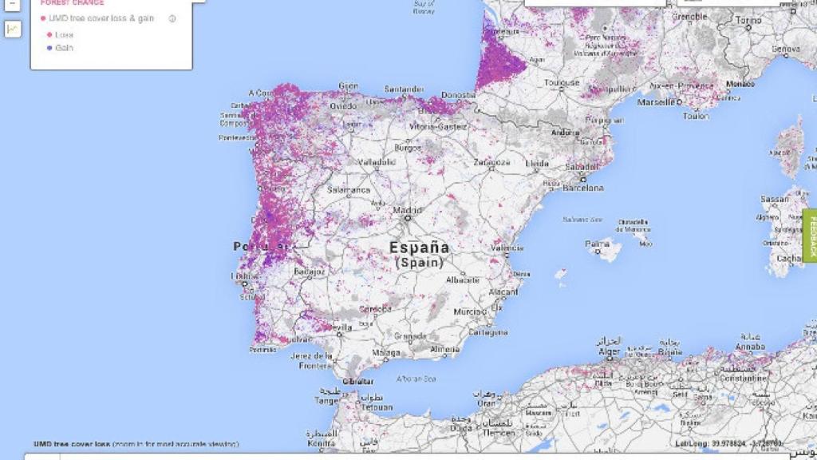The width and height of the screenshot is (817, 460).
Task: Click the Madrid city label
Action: click(x=407, y=211)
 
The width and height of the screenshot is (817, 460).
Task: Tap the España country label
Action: click(x=419, y=248)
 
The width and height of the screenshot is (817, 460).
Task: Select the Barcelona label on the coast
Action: click(x=583, y=188)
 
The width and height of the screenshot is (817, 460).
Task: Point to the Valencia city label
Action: click(x=507, y=248)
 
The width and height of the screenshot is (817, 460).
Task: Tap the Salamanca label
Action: click(x=349, y=190)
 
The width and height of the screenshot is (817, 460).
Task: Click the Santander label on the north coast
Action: click(x=404, y=89)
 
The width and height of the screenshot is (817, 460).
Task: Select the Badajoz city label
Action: click(x=310, y=272)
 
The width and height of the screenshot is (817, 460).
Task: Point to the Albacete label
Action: click(x=463, y=280)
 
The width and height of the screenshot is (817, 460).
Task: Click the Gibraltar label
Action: click(x=358, y=382)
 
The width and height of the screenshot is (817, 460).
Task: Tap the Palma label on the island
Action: click(x=597, y=244)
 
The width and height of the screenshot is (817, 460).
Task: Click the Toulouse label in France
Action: click(x=562, y=82)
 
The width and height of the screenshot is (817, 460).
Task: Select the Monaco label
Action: click(x=740, y=84)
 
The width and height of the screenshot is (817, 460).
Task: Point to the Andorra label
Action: click(x=566, y=133)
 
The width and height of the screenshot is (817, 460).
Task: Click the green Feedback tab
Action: click(x=811, y=235)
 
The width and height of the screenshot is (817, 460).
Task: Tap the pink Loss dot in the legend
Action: click(x=49, y=35)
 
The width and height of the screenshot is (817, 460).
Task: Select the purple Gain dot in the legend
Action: click(x=49, y=48)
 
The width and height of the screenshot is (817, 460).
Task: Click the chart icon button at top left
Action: click(x=13, y=29)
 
